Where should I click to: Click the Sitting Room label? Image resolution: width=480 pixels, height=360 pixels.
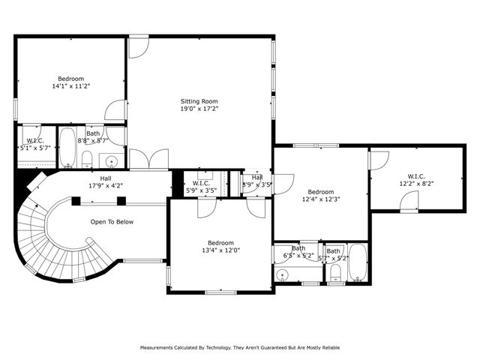[199, 100]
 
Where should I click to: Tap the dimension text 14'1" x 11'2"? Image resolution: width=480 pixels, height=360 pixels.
[71, 86]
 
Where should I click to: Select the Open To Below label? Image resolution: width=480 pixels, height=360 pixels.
[112, 222]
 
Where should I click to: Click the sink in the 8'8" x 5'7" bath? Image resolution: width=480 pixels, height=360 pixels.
[112, 160]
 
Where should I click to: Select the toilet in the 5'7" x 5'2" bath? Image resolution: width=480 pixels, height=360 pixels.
[334, 276]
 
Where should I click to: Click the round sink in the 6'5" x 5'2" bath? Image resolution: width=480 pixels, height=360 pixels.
[282, 275]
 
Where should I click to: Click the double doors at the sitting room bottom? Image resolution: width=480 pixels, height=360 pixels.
[148, 160]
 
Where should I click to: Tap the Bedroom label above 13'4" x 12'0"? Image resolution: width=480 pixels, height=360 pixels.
[220, 242]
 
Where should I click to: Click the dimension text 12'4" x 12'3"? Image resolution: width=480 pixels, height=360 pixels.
[321, 199]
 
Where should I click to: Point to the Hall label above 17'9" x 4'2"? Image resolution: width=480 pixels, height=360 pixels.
[106, 178]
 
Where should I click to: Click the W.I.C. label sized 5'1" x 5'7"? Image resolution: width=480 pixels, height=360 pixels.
[35, 140]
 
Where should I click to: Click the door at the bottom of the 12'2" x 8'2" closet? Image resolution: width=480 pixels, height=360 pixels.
[408, 201]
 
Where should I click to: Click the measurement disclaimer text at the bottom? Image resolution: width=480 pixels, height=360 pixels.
[239, 348]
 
